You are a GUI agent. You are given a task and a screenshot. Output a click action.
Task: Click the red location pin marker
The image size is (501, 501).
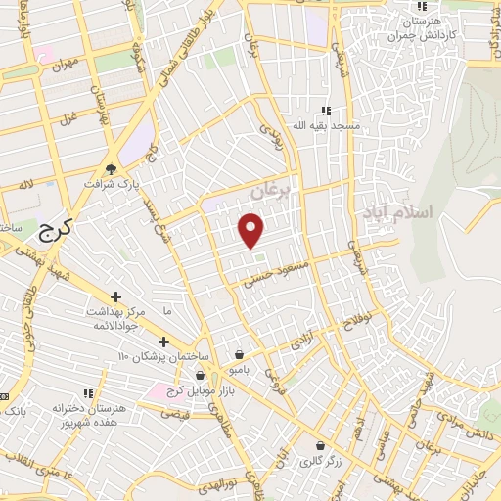pos(251,230)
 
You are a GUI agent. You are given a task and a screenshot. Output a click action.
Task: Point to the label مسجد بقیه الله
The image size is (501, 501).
pos(331,126)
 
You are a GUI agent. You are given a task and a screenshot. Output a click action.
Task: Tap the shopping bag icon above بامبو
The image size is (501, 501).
pos(240,354)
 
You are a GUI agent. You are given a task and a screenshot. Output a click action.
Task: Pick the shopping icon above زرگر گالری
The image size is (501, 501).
pos(319,444)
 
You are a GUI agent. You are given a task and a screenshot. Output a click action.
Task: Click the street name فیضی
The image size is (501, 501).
pos(178,415)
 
